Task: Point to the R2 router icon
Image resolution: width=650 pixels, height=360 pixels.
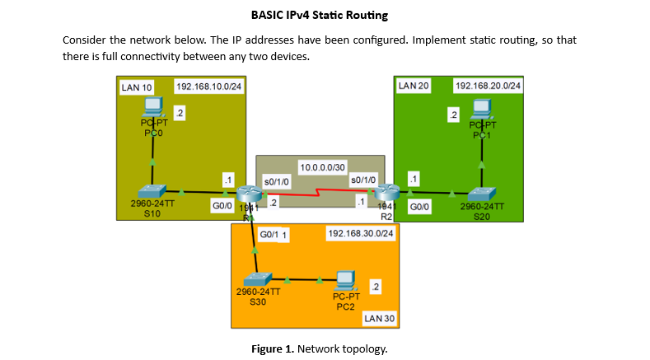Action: pos(387,195)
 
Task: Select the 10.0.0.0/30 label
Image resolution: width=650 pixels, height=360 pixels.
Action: pos(322,167)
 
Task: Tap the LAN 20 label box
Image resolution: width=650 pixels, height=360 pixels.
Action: pos(414,86)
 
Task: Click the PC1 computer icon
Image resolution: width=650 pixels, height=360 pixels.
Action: pos(481,108)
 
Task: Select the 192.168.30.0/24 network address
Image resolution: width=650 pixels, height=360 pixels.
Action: pos(361,234)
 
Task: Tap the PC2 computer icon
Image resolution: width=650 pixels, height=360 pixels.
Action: pos(345,279)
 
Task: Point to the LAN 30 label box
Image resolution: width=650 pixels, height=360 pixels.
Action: pos(380,317)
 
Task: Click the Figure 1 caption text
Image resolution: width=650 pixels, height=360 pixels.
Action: pos(319,349)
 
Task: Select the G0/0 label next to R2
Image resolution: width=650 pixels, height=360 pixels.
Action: pos(419,207)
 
